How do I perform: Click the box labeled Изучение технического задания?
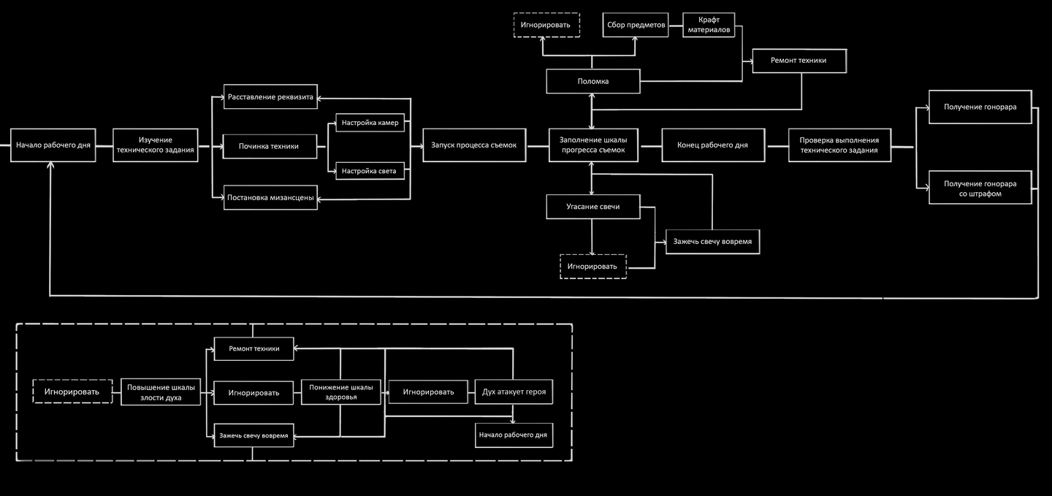click(156, 145)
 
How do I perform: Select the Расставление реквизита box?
click(270, 97)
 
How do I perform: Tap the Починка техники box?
click(270, 146)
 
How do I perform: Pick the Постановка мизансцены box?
click(270, 197)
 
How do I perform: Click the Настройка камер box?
click(370, 122)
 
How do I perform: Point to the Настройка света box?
click(370, 171)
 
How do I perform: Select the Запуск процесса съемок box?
click(474, 145)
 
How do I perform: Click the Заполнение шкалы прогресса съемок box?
click(592, 145)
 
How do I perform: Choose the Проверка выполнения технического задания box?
click(839, 145)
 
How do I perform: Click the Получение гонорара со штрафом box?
click(980, 188)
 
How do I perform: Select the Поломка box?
click(592, 81)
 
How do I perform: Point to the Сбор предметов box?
click(636, 25)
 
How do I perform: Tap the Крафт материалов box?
click(709, 25)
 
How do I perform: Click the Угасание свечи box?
click(592, 207)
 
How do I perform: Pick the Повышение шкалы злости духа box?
click(161, 392)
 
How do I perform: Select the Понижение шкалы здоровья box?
click(340, 392)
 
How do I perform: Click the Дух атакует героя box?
click(514, 392)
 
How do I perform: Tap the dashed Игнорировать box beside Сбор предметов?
click(546, 25)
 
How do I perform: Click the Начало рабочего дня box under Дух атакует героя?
click(514, 435)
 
